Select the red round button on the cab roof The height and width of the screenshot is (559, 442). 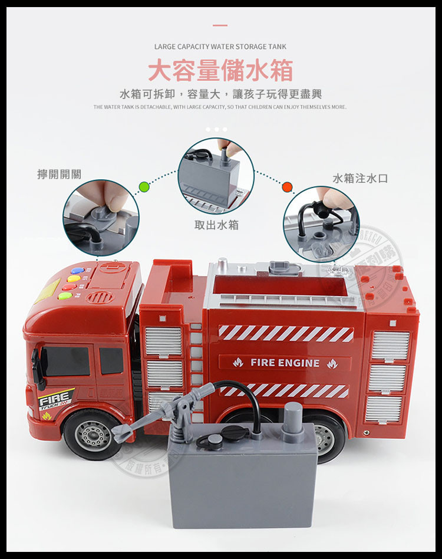[69, 288]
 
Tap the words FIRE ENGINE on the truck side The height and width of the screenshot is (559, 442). [285, 363]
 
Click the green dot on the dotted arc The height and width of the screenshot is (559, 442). [144, 187]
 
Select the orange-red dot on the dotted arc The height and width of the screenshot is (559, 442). [287, 187]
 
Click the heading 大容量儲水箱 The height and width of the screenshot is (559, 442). [220, 71]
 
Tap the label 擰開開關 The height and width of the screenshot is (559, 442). [59, 174]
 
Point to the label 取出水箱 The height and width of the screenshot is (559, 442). [216, 225]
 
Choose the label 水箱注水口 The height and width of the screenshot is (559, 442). [360, 178]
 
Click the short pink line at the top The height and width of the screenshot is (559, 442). [220, 25]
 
